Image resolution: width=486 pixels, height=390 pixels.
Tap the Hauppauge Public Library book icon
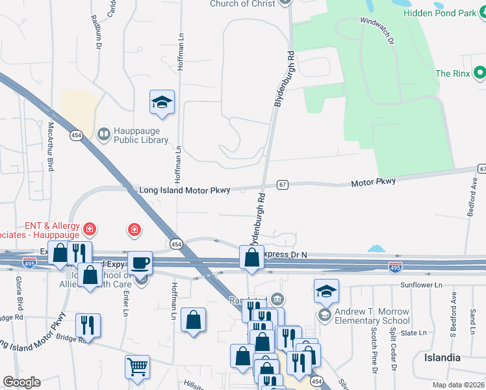pyautogui.click(x=103, y=135)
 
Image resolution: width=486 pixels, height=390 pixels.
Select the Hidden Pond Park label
pyautogui.click(x=440, y=12)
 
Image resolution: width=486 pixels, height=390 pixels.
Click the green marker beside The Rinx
pyautogui.click(x=480, y=73)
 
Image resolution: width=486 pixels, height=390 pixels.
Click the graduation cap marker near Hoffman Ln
pyautogui.click(x=162, y=102)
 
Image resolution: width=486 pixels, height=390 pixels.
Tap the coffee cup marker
pyautogui.click(x=140, y=263)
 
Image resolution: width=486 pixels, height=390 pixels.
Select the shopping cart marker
pyautogui.click(x=137, y=367)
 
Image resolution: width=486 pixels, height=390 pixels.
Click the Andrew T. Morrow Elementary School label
pyautogui.click(x=372, y=316)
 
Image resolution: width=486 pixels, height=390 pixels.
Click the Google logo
pyautogui.click(x=21, y=382)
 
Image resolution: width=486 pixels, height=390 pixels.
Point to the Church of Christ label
pyautogui.click(x=238, y=4)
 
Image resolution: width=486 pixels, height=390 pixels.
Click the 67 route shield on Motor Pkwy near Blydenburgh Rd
pyautogui.click(x=282, y=185)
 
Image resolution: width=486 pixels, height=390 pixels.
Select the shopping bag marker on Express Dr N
pyautogui.click(x=251, y=257)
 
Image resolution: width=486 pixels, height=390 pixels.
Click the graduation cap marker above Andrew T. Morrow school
pyautogui.click(x=326, y=291)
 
